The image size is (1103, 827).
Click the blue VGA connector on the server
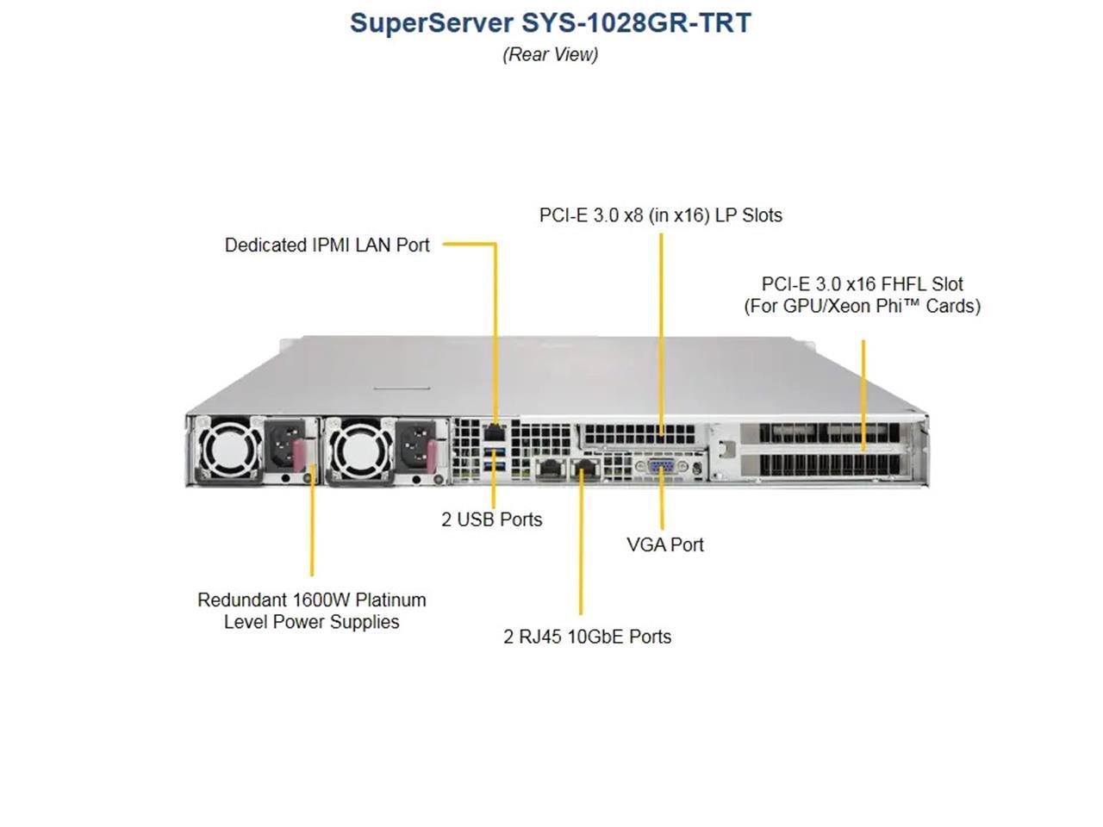tap(661, 468)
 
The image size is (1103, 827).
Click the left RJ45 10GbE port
tap(548, 469)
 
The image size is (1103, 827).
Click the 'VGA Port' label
tap(664, 544)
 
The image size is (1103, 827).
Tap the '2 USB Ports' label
tap(491, 519)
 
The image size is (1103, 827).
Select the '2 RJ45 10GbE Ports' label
tap(587, 637)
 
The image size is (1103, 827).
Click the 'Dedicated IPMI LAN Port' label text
tap(327, 245)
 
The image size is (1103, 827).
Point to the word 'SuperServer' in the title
tap(432, 22)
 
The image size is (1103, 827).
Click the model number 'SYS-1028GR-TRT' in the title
tap(636, 22)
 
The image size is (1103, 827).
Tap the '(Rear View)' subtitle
tap(550, 54)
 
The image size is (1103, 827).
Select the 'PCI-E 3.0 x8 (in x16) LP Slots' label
tap(660, 215)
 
